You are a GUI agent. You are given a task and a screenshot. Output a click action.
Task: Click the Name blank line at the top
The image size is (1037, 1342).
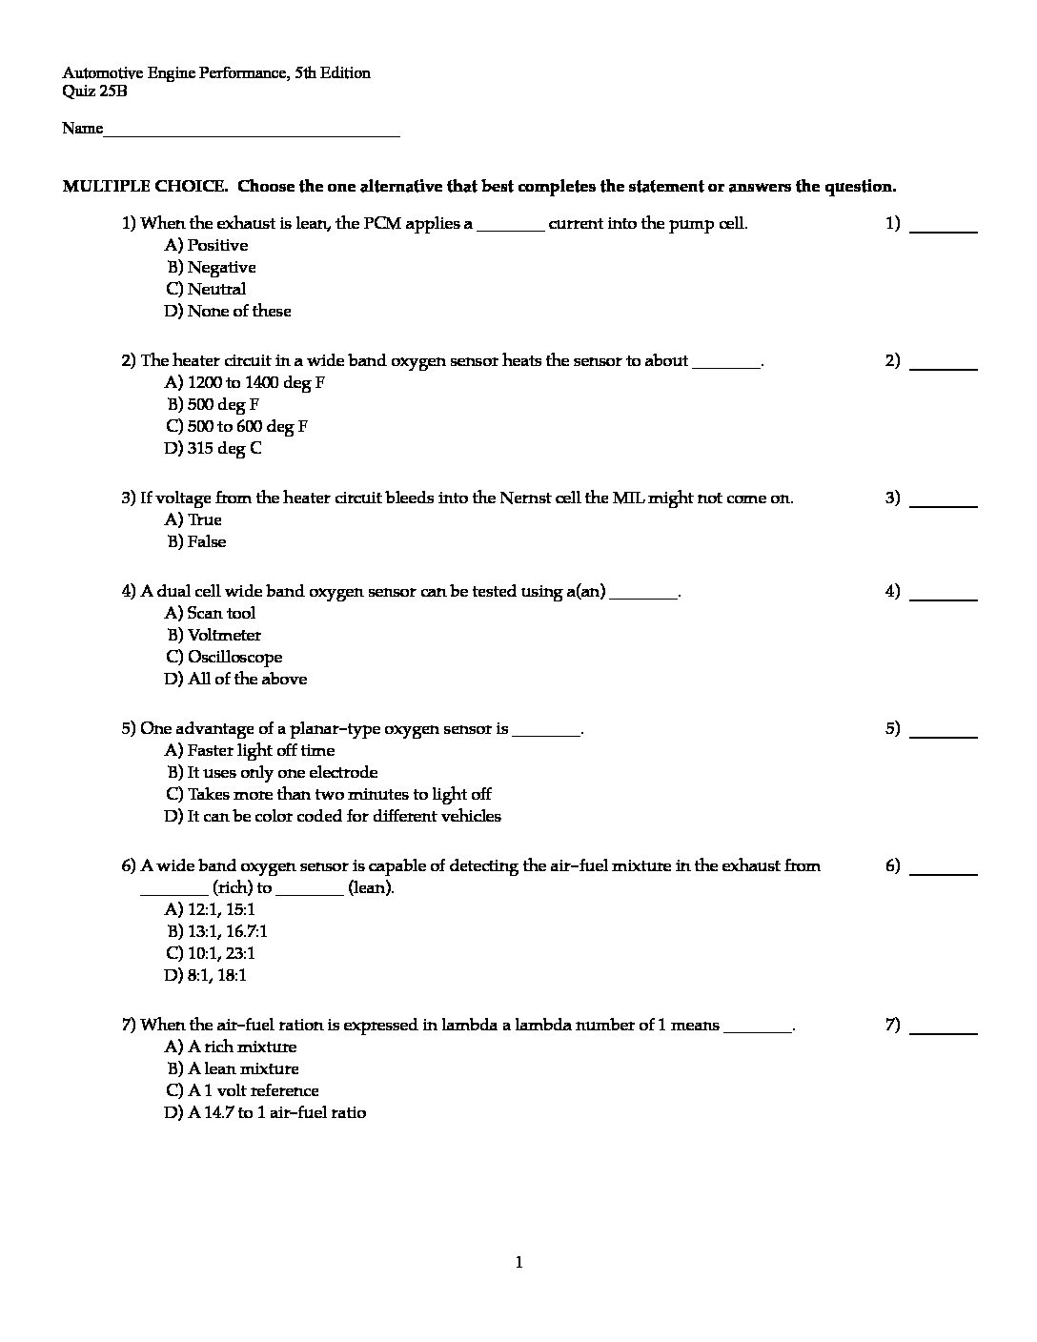(251, 132)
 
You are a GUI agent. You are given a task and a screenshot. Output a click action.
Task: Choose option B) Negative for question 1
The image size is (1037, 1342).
(212, 268)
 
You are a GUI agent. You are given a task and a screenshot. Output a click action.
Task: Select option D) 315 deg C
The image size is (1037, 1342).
(213, 449)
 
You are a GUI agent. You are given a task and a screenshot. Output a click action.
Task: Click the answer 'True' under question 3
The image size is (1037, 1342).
(193, 520)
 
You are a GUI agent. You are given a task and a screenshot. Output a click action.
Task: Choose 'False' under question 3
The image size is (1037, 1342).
(197, 542)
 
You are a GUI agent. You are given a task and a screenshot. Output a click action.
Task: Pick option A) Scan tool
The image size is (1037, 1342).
(211, 614)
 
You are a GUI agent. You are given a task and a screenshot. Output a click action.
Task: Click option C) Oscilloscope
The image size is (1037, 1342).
(224, 658)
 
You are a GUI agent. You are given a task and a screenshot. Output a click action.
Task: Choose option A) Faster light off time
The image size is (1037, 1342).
(250, 751)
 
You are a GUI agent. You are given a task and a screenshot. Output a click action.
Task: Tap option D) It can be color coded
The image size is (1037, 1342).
(333, 817)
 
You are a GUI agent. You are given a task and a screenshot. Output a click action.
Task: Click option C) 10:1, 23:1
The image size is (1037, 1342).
(211, 954)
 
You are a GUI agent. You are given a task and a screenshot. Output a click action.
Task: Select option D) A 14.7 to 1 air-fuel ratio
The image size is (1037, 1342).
(265, 1113)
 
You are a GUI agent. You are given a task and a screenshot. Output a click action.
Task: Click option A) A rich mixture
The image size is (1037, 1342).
(231, 1047)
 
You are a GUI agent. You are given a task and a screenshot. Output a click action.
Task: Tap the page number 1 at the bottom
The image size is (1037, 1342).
(518, 1264)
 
